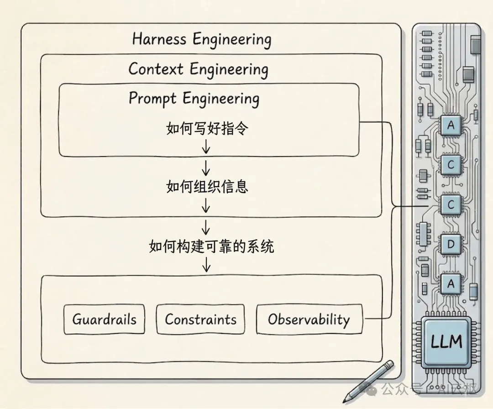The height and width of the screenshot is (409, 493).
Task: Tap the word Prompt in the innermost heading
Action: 153,98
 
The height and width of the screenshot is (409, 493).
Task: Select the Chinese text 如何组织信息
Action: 207,186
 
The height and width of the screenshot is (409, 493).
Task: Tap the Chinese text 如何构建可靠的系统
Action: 211,246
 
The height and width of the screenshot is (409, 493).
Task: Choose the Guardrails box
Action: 104,319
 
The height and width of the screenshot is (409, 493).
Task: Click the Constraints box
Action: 200,319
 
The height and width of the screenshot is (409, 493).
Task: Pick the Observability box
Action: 309,319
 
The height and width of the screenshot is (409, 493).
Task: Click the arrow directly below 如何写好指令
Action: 206,147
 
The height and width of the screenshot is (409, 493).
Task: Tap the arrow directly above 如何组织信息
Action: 206,168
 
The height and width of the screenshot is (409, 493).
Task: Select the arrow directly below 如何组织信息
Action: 206,206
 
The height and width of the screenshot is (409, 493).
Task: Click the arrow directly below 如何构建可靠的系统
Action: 206,263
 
